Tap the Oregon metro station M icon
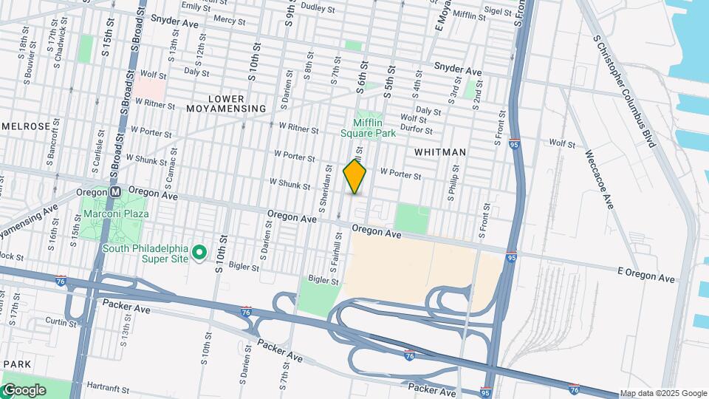[115, 191]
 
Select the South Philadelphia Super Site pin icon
[199, 253]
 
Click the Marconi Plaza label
[116, 214]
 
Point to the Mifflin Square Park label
[368, 128]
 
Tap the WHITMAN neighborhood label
[440, 152]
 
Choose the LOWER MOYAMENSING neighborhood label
[225, 103]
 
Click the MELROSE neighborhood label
[26, 126]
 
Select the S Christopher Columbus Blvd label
[624, 90]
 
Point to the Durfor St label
[417, 129]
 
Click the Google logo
[24, 389]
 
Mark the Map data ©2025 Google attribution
[663, 393]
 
